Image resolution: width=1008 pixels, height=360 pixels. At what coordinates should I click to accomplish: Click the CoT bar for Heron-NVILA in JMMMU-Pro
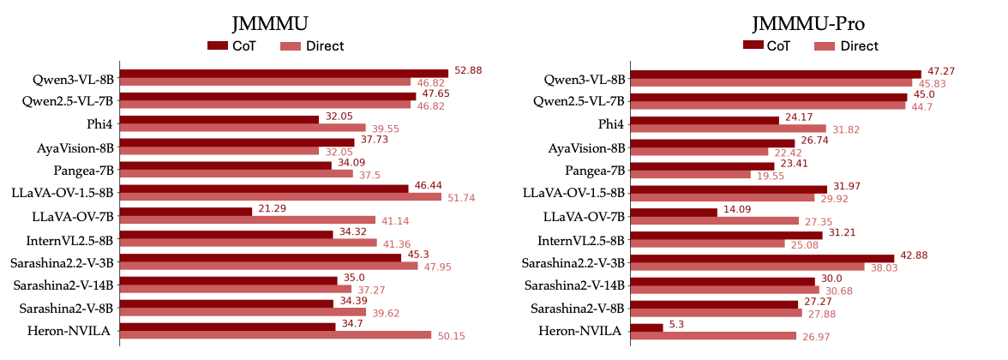(x=646, y=327)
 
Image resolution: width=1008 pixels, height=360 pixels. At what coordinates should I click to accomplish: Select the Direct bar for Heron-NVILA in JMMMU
(x=275, y=335)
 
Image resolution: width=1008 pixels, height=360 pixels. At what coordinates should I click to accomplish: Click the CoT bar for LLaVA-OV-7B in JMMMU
(x=185, y=211)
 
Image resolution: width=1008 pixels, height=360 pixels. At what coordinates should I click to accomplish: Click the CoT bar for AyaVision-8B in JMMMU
(x=237, y=141)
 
